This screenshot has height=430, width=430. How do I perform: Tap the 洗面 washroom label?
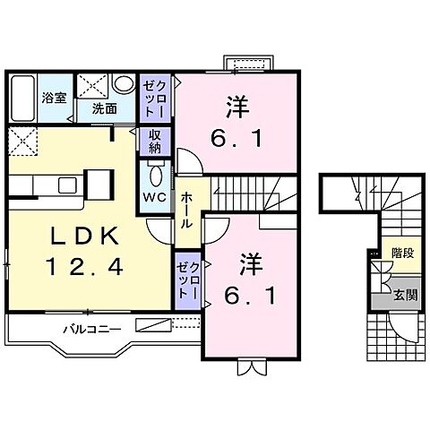click(x=104, y=108)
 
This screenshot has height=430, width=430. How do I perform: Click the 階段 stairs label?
click(x=401, y=254)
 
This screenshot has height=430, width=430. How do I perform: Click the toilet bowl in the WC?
click(x=153, y=174)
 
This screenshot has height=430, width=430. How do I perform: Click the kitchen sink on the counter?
click(x=68, y=185)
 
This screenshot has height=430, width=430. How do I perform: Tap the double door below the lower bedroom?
click(x=250, y=365)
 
